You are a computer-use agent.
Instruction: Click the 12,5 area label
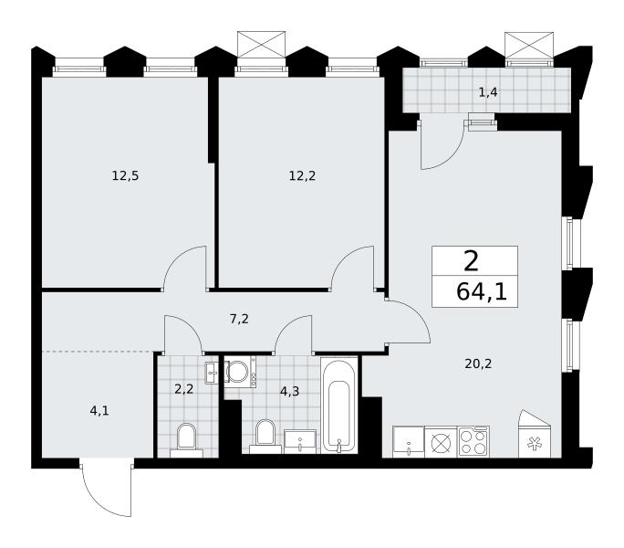click(x=125, y=175)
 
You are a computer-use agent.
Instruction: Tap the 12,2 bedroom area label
click(x=303, y=175)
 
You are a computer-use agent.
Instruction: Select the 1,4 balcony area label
click(x=488, y=92)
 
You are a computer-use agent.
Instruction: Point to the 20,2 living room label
click(x=478, y=364)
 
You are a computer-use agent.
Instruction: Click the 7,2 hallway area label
click(x=240, y=319)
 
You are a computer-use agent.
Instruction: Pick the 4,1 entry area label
click(x=99, y=410)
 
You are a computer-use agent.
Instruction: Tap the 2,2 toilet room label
click(x=184, y=388)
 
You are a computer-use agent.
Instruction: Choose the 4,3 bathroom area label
click(x=290, y=392)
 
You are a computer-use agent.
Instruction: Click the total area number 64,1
click(x=482, y=292)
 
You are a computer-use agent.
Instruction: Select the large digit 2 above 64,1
click(x=471, y=262)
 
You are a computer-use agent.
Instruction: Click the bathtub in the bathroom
click(x=339, y=406)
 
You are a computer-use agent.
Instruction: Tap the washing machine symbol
click(x=240, y=373)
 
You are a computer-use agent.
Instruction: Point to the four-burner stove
click(x=473, y=441)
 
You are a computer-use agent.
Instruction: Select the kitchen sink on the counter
click(x=409, y=441)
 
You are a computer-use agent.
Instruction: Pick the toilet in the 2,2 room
click(x=186, y=440)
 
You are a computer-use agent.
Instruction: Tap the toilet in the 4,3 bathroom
click(x=265, y=437)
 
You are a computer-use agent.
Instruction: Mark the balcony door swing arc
click(x=448, y=153)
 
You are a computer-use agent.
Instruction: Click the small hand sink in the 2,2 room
click(x=212, y=373)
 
